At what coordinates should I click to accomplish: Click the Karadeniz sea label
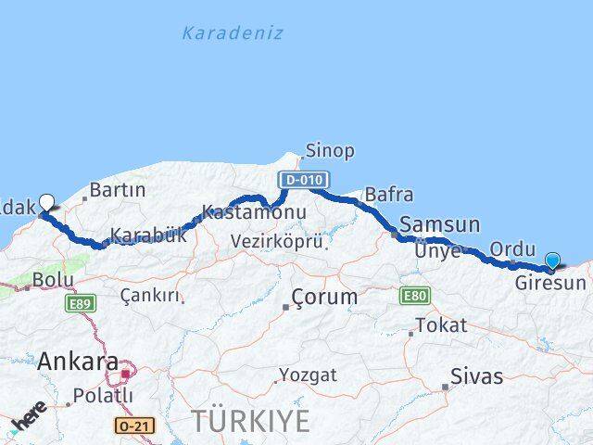[233, 33]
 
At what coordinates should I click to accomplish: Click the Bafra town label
[389, 195]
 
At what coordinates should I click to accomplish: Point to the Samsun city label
[440, 224]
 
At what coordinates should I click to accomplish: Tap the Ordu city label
[513, 248]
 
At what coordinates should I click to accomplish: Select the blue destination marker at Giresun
[553, 261]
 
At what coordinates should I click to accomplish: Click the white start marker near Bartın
[46, 200]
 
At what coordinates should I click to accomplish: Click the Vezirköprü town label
[278, 242]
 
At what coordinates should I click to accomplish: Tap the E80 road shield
[413, 296]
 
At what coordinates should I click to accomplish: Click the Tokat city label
[440, 325]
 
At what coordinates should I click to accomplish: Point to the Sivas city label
[476, 376]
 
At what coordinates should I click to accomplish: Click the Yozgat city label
[309, 375]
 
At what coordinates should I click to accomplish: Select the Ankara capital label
[78, 362]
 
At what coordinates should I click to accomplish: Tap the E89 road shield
[81, 303]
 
